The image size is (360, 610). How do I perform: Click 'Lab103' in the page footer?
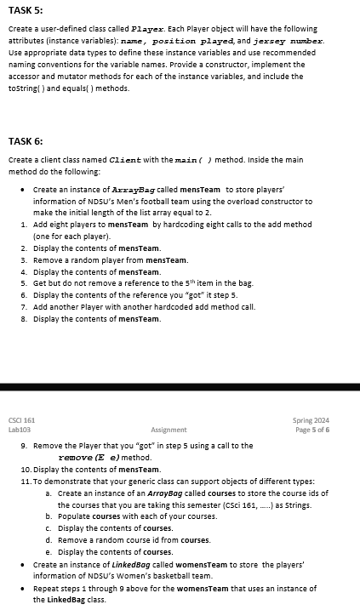20,430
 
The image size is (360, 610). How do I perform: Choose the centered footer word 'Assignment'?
169,430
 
